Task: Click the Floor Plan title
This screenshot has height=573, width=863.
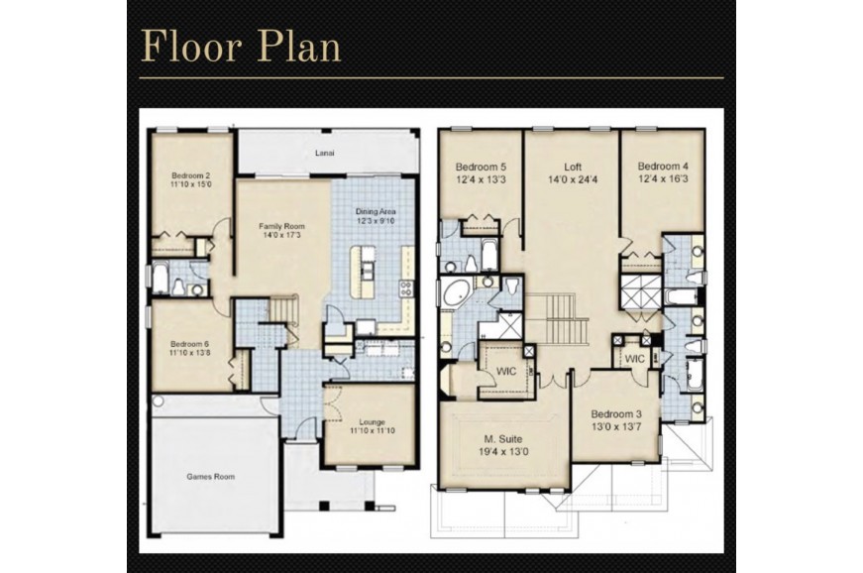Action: [x=241, y=46]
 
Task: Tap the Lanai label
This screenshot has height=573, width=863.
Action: [x=325, y=153]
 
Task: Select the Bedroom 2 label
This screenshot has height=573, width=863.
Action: [x=191, y=176]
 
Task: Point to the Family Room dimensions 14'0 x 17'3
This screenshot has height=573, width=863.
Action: [x=281, y=235]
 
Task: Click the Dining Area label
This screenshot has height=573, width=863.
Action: [x=376, y=211]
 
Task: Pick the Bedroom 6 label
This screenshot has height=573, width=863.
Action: [x=190, y=344]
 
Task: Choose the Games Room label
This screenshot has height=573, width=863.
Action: [x=211, y=477]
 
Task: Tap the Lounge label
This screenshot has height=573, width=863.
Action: [x=373, y=422]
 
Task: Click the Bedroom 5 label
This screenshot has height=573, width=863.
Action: [x=481, y=167]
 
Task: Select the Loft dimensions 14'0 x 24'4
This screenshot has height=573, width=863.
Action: [x=573, y=179]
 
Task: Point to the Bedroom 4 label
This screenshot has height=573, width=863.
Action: [x=663, y=167]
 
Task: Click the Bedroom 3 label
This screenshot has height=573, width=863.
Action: [x=616, y=414]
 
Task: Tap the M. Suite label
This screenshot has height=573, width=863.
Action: [x=503, y=439]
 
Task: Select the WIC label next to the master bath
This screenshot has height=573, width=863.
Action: [x=506, y=371]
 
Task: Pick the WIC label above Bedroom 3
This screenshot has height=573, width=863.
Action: [x=634, y=359]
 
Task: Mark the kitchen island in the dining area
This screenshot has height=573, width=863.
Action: [x=364, y=272]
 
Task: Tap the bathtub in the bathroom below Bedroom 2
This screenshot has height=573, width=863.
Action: [x=161, y=279]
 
